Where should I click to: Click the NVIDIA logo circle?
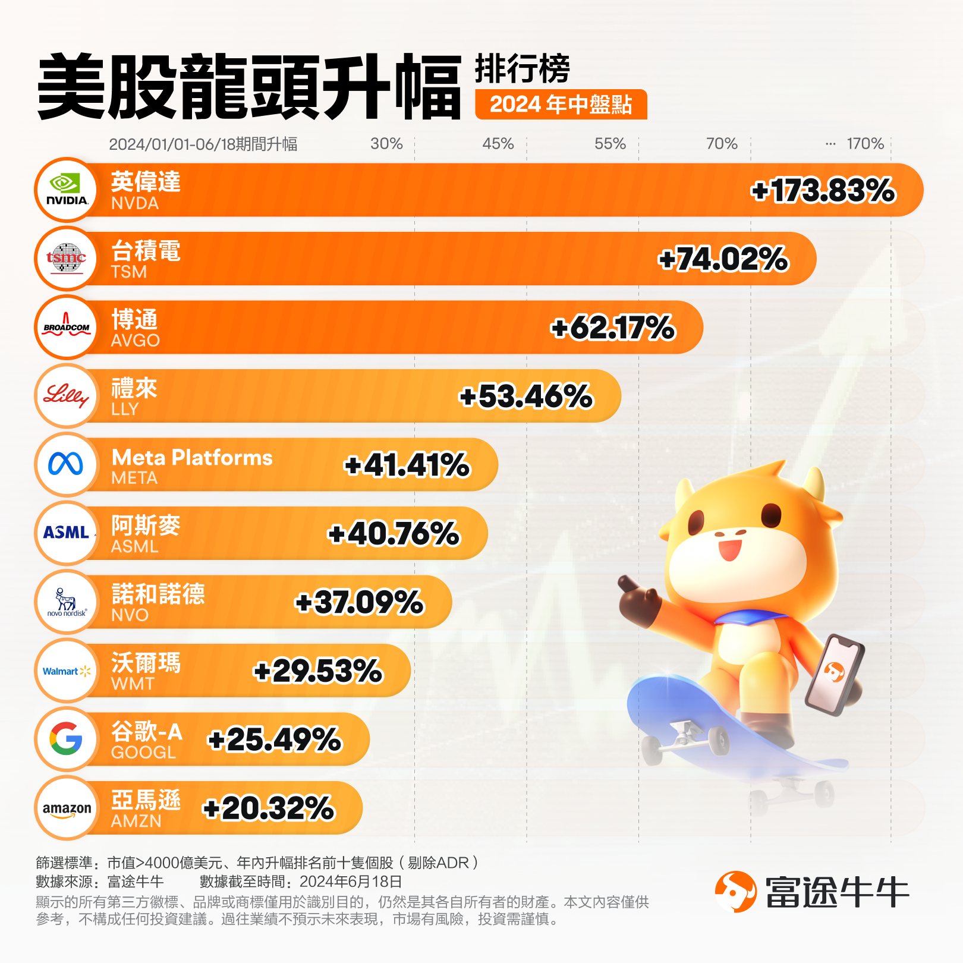coord(67,190)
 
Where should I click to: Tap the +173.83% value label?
coord(823,191)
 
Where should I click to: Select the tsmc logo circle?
coord(67,259)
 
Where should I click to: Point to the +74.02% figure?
coord(723,259)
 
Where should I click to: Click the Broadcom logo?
coord(67,327)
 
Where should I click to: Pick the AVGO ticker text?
coord(136,341)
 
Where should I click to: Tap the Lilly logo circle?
coord(67,396)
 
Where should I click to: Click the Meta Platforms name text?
coord(192,457)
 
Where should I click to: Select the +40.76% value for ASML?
coord(394,534)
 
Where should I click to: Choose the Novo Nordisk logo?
coord(67,602)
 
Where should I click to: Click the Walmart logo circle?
coord(67,671)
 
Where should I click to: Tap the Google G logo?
coord(67,739)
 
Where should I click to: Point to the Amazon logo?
coord(67,808)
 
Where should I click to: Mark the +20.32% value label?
coord(269,808)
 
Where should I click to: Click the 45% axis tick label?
coord(498,144)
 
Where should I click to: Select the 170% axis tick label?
coord(865,144)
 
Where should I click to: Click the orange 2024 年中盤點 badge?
coord(561,105)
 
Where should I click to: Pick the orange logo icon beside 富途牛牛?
coord(735,892)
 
